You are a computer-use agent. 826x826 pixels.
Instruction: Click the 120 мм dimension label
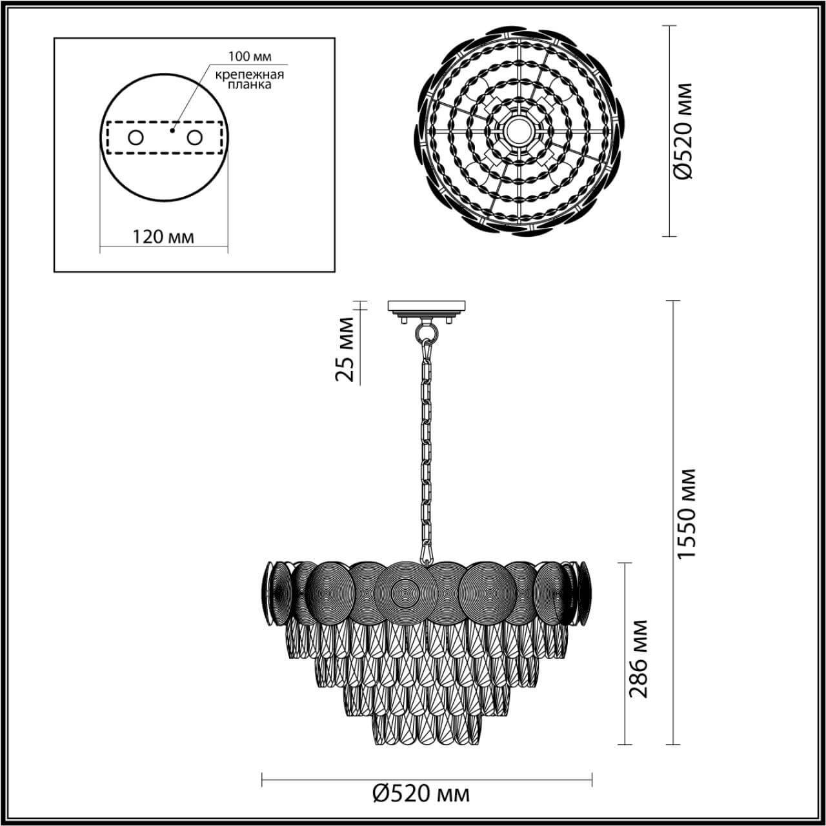[x=163, y=236]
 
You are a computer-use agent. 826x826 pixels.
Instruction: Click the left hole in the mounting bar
[x=136, y=137]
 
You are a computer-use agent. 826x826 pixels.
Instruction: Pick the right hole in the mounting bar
[x=194, y=137]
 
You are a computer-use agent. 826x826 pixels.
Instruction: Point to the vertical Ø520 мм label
[x=682, y=131]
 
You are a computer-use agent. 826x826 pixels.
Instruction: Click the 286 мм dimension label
[x=638, y=658]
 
